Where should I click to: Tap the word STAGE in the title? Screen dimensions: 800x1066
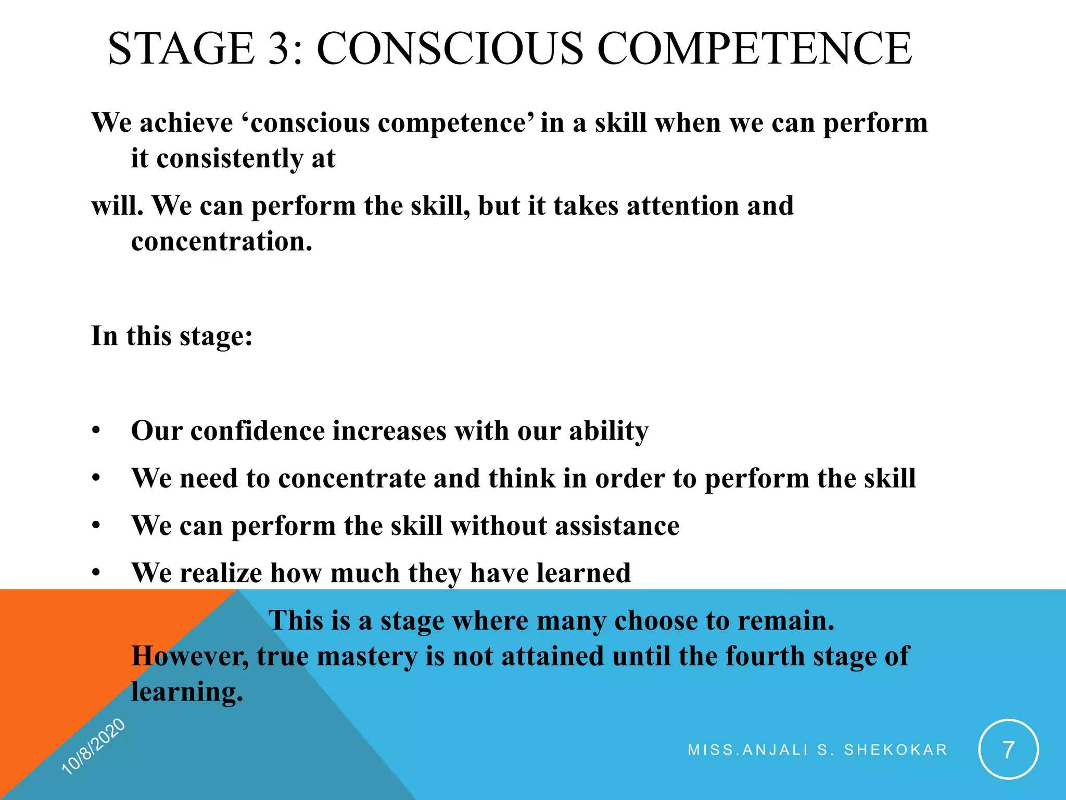[181, 48]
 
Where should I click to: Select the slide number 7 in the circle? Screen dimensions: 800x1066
[1008, 749]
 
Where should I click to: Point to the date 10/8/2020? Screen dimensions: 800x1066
[93, 746]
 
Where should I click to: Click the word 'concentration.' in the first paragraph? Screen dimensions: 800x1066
[222, 241]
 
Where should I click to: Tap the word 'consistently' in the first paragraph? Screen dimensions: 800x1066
[230, 158]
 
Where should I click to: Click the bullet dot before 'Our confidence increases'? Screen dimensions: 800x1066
[95, 431]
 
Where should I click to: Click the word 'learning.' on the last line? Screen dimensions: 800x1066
[187, 693]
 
